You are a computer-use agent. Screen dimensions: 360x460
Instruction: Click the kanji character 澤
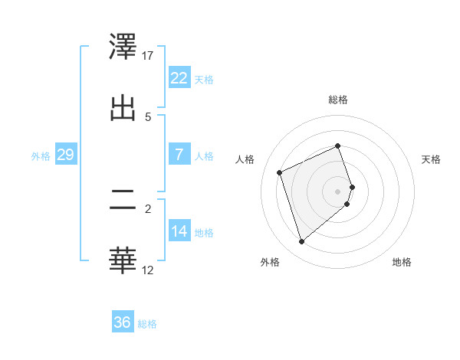[x=123, y=47]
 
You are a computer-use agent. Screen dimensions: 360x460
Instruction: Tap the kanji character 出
[x=123, y=108]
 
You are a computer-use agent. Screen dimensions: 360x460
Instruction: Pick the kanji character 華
[x=123, y=261]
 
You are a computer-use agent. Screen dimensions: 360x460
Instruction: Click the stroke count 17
[x=148, y=55]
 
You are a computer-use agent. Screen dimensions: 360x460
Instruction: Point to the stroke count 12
[x=148, y=270]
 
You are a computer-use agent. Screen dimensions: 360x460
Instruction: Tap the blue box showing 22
[x=179, y=77]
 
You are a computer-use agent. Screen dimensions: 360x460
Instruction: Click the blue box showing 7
[x=179, y=154]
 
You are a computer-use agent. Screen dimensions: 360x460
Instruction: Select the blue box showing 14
[x=179, y=231]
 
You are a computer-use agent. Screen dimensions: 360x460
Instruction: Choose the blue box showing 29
[x=65, y=155]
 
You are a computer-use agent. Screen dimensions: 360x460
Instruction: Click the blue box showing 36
[x=123, y=322]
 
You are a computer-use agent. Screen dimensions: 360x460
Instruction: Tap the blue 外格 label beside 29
[x=41, y=155]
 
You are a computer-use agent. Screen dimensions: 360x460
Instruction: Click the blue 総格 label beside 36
[x=147, y=323]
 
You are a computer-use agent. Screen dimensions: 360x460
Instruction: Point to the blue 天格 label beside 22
[x=204, y=79]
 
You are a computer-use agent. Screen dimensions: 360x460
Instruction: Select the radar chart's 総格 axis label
[x=338, y=100]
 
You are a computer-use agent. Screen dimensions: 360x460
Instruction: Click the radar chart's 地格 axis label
[x=402, y=262]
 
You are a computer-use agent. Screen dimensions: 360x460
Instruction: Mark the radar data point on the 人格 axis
[x=281, y=172]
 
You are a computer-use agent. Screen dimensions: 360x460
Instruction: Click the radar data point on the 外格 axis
[x=301, y=242]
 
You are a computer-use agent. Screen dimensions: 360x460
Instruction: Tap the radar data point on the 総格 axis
[x=338, y=146]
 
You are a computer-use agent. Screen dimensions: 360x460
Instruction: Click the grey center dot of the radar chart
[x=338, y=191]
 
